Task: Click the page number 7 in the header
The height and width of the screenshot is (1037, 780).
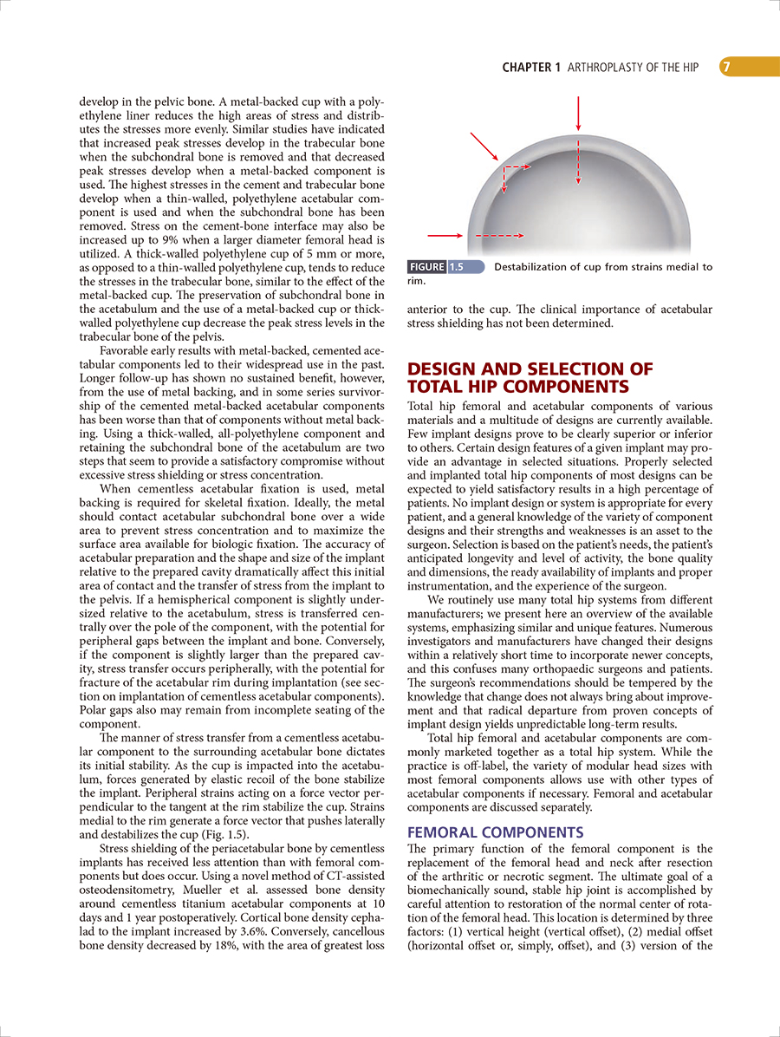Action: [x=728, y=67]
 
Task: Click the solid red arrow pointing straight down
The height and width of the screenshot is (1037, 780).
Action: [x=578, y=114]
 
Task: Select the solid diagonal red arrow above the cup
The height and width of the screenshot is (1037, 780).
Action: [x=484, y=147]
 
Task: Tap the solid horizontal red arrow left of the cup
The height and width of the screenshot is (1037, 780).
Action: [x=445, y=235]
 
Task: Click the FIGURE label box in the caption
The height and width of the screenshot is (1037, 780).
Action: [x=426, y=267]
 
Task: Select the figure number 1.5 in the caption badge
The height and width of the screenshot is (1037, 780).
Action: [x=457, y=267]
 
